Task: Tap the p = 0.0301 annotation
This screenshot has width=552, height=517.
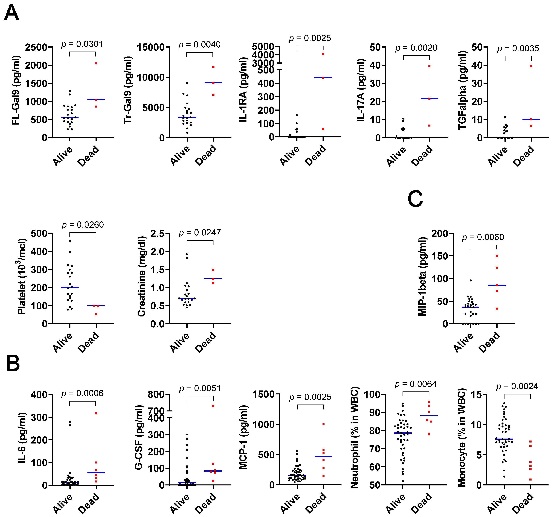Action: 82,44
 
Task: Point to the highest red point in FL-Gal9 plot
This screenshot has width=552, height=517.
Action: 96,63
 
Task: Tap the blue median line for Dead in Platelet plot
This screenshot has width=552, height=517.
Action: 96,306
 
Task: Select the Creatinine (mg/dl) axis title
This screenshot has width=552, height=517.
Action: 142,276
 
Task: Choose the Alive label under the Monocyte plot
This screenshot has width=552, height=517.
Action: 497,503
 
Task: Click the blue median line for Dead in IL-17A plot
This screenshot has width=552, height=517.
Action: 430,98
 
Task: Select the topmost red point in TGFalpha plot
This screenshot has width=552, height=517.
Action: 531,66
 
